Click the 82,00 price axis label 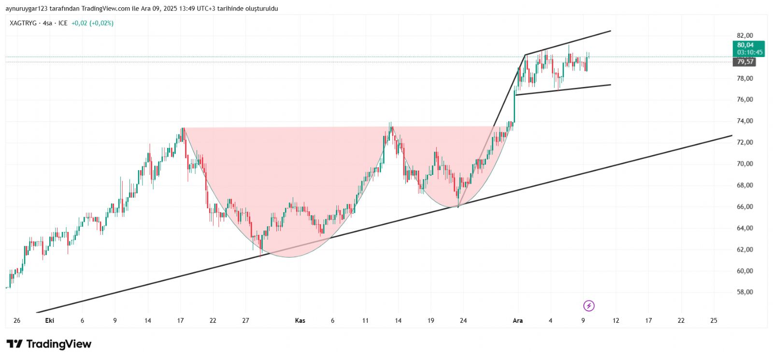[744, 35]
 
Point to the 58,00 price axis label [744, 292]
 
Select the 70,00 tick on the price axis [744, 163]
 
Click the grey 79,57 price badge [745, 61]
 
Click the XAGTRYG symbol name [23, 23]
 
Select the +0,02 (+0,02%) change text [92, 23]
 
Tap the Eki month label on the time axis [49, 320]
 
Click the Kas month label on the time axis [300, 320]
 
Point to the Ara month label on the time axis [517, 320]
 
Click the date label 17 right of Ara [648, 320]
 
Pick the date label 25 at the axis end [714, 320]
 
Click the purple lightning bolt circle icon [589, 305]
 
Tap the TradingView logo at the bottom [49, 344]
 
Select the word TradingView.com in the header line [106, 9]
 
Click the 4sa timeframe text [47, 23]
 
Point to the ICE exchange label [63, 23]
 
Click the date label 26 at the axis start [17, 320]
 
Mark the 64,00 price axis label [744, 228]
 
